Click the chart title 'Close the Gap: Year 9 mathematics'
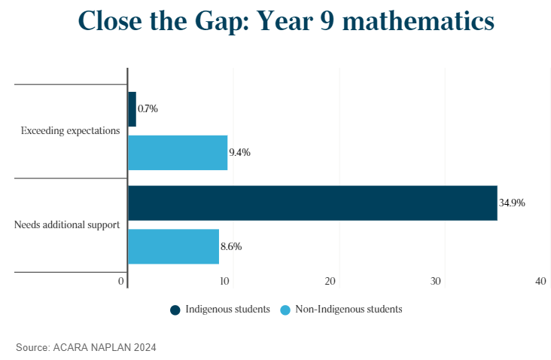[286, 21]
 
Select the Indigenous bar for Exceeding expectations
[132, 109]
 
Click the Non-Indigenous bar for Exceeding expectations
[178, 152]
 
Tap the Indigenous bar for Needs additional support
[312, 203]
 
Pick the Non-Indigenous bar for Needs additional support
[173, 246]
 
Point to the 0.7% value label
[148, 109]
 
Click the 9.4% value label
[239, 152]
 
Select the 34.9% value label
[512, 203]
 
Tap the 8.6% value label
[231, 246]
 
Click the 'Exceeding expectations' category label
[70, 131]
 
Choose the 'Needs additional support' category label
[67, 224]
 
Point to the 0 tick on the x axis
[121, 281]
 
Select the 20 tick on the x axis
[330, 281]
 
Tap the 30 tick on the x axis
[435, 281]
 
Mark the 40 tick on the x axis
[540, 281]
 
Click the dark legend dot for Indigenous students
[175, 310]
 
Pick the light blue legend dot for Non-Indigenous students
[285, 310]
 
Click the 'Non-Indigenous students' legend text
[349, 310]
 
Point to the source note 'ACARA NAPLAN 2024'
[105, 347]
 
